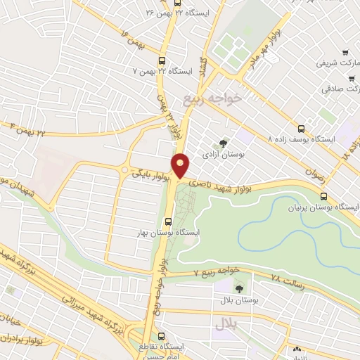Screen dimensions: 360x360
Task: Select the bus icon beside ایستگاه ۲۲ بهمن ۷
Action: pos(162,61)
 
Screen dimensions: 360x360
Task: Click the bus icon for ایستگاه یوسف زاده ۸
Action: pos(302,129)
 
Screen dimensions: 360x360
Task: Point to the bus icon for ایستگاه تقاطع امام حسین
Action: pos(162,336)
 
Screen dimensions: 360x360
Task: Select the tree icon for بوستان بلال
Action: pos(239,288)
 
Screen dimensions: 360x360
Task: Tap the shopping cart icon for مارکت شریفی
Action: pos(345,53)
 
